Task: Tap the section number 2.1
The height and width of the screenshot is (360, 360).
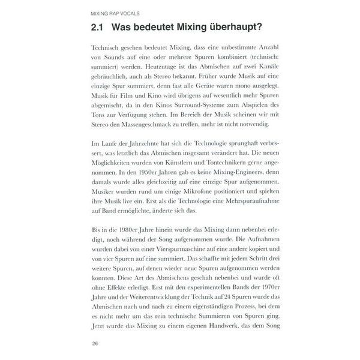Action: [x=97, y=29]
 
